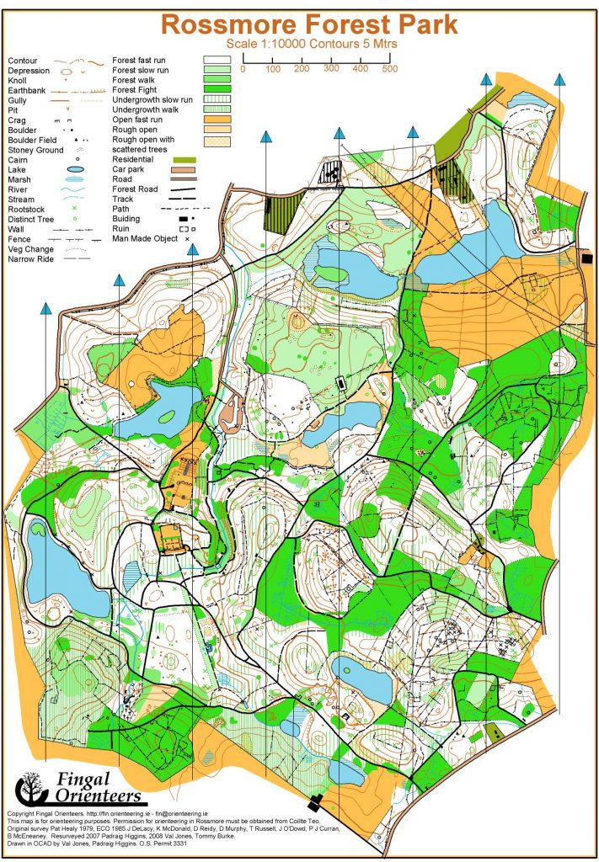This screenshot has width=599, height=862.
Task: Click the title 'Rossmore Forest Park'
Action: click(309, 24)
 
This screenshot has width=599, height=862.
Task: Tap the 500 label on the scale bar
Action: click(388, 68)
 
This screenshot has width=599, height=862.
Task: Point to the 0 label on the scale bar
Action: click(243, 68)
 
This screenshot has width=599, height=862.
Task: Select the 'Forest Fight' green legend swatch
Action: click(217, 89)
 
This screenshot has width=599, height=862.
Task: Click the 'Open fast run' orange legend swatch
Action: click(217, 119)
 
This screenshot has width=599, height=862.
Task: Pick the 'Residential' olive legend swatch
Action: click(185, 159)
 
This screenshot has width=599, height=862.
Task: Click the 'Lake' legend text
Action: click(16, 169)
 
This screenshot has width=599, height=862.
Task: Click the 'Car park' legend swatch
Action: click(185, 169)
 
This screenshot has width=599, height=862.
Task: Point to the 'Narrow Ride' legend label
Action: click(32, 259)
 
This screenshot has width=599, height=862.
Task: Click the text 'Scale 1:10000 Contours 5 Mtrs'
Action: click(309, 42)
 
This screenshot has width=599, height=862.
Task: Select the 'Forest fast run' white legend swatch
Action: click(217, 60)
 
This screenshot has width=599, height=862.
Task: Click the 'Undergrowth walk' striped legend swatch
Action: click(217, 109)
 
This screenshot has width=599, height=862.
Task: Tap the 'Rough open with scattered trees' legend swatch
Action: click(217, 140)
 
